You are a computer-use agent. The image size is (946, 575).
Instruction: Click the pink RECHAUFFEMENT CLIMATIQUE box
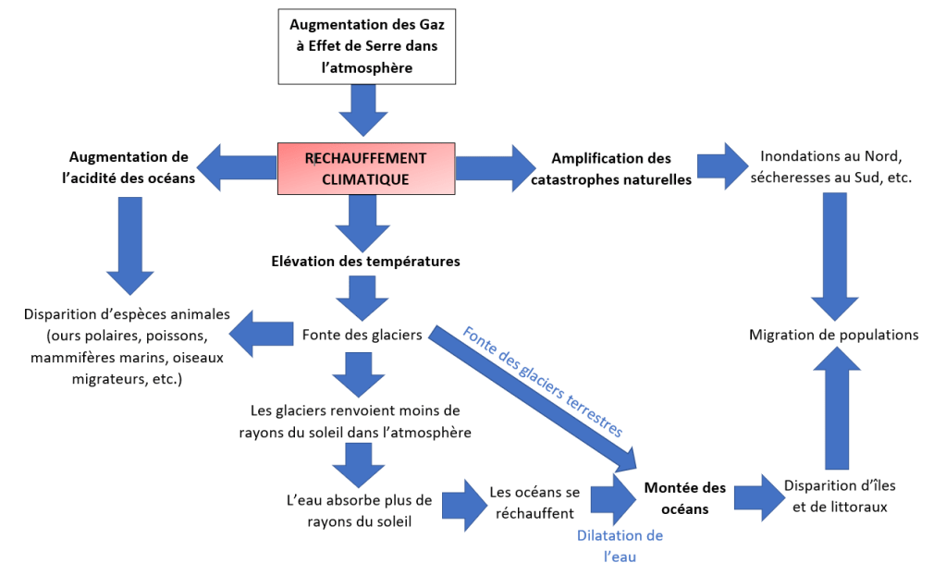point(365,168)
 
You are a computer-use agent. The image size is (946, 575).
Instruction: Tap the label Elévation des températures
point(365,262)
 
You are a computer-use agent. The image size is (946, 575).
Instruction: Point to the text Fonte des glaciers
point(362,334)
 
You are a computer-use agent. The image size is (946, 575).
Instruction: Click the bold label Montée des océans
point(684,498)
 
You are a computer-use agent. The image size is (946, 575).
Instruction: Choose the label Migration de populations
point(833,335)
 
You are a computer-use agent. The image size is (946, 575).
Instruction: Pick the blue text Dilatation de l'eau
point(620,546)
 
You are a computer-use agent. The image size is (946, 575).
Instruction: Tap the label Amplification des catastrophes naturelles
point(610,169)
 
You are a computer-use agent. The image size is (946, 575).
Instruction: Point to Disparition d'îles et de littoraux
point(839,495)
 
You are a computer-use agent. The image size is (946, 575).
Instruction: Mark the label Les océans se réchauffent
point(534,502)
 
